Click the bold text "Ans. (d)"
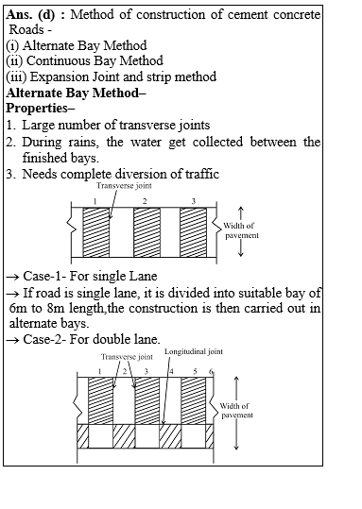tap(34, 15)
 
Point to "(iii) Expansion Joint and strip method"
tap(111, 76)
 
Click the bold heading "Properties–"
tap(42, 108)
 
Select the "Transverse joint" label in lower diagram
tap(127, 358)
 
